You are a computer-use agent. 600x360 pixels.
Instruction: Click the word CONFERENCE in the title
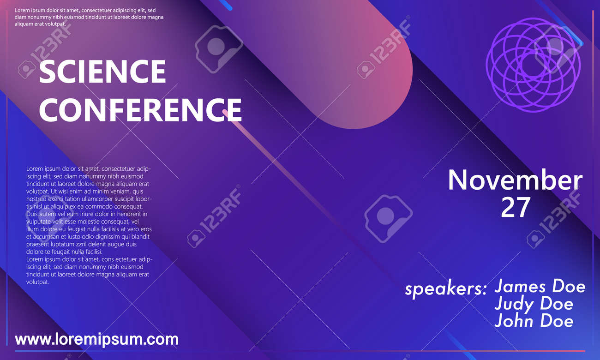tap(141, 109)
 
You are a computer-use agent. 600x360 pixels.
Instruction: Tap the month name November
tap(515, 180)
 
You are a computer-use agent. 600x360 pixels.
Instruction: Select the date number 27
tap(515, 207)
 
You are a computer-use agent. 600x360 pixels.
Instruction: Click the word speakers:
tap(446, 289)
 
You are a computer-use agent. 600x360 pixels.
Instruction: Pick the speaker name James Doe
tap(540, 286)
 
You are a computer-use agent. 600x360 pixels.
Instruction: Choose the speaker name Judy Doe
tap(534, 304)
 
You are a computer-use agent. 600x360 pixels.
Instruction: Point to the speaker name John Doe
tap(534, 321)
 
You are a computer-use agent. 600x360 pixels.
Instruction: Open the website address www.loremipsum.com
tap(97, 339)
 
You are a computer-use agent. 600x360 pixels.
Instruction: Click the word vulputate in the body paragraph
tap(38, 222)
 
